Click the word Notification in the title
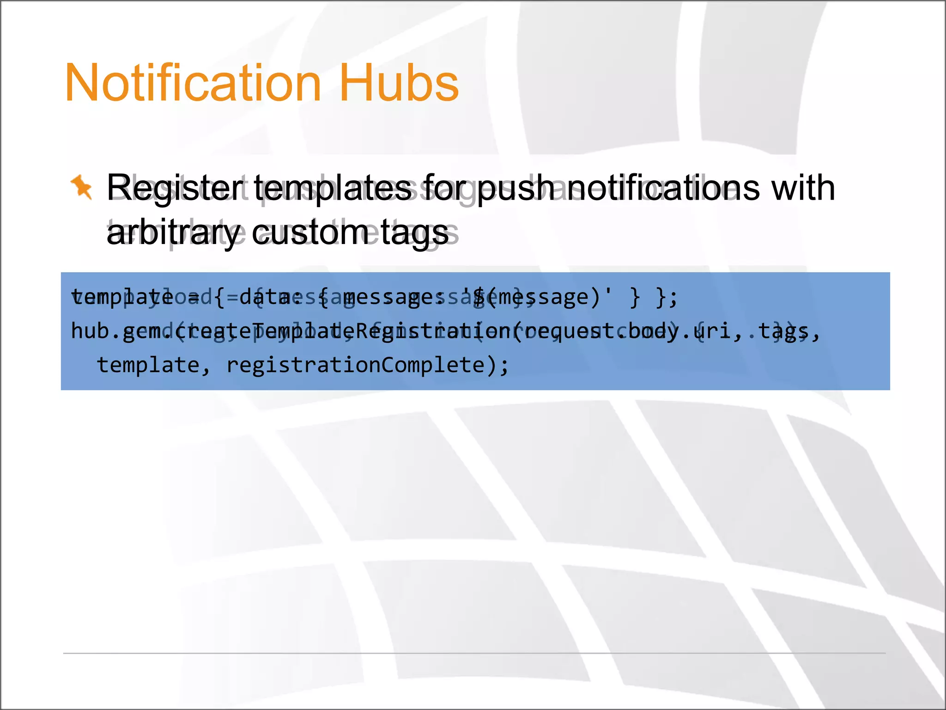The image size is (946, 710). pos(193,83)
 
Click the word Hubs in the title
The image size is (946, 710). pos(399,83)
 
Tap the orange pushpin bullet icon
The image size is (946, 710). pos(82,187)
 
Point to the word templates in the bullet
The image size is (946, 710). pos(333,189)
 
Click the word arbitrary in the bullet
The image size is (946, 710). pos(174,233)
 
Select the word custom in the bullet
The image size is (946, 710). pos(310,233)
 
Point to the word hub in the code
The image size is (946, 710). pos(90,331)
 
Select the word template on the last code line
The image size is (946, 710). pos(148,365)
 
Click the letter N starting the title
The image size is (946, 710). pos(79,83)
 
